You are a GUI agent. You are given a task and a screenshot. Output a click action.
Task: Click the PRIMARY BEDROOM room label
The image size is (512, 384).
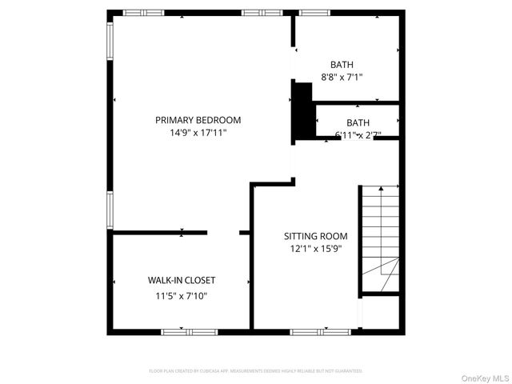[x=198, y=120]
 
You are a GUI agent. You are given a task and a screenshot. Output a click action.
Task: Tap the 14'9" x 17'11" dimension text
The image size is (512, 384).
[x=198, y=134]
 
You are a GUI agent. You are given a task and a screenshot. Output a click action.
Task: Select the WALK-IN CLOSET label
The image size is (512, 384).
[x=181, y=281]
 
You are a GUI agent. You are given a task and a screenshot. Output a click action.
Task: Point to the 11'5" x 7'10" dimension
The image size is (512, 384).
[x=181, y=295]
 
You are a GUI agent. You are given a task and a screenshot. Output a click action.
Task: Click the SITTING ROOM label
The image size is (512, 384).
[x=316, y=236]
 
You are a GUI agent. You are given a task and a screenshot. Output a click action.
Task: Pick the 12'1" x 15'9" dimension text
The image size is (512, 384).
[x=316, y=250]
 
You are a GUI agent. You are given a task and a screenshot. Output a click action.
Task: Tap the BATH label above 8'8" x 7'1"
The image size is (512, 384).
[x=342, y=65]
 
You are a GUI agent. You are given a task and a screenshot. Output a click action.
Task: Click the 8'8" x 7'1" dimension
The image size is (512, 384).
[x=342, y=78]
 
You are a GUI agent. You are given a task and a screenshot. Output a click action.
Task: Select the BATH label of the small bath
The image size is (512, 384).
[x=358, y=122]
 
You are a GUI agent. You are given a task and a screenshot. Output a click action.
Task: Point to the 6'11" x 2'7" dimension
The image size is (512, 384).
[x=358, y=134]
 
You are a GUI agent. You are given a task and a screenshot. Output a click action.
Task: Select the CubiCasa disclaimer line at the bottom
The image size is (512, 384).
[x=256, y=371]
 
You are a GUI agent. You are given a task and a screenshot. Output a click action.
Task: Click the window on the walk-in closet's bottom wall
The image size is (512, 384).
[x=189, y=331]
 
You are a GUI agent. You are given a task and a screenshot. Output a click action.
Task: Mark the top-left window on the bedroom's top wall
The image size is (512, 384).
[x=142, y=12]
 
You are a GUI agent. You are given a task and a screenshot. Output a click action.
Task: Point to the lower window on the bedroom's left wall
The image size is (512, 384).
[x=110, y=210]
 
